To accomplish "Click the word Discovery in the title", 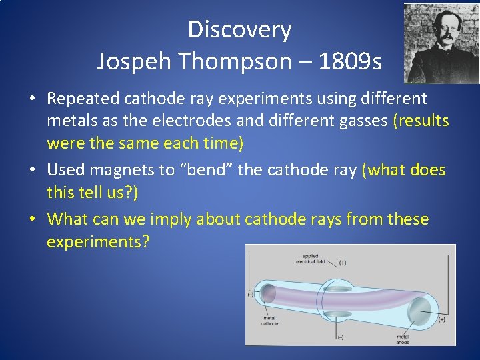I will click(239, 30).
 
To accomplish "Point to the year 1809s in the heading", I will click(351, 62).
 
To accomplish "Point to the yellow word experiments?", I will click(98, 241).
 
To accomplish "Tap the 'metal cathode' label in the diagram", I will click(269, 321).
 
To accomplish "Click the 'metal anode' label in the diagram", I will click(403, 339).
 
